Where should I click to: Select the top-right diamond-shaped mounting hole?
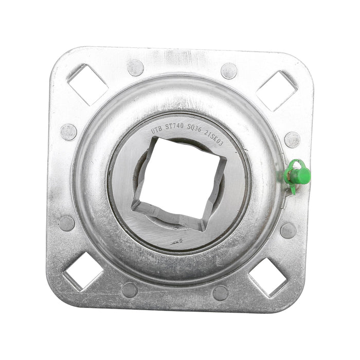tap(276, 90)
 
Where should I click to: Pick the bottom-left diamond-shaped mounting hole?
tap(82, 272)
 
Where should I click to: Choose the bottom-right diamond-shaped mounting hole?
tap(268, 277)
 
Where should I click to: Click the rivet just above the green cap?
tap(292, 139)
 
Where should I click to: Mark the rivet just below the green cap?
tap(287, 231)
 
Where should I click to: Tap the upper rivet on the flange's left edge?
tap(68, 132)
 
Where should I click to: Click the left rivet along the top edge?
tap(136, 68)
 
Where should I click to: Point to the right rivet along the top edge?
tap(229, 71)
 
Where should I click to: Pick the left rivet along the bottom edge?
tap(130, 290)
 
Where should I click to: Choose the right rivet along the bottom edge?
tap(221, 293)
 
